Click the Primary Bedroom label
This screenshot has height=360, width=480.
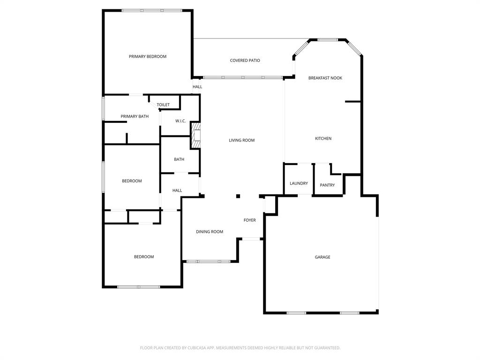pyautogui.click(x=148, y=57)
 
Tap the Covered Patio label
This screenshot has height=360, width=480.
pyautogui.click(x=245, y=60)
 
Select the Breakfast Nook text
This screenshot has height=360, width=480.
pyautogui.click(x=325, y=78)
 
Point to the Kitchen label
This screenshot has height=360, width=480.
pyautogui.click(x=323, y=138)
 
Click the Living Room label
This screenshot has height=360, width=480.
pyautogui.click(x=241, y=140)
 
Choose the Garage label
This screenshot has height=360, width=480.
pyautogui.click(x=322, y=257)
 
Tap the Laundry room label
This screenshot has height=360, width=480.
pyautogui.click(x=299, y=183)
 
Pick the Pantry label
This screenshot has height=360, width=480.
pyautogui.click(x=327, y=185)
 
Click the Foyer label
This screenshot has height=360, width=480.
pyautogui.click(x=249, y=220)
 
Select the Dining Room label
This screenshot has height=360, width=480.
pyautogui.click(x=210, y=232)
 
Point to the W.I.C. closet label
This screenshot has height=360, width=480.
pyautogui.click(x=180, y=121)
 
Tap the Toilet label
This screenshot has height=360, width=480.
pyautogui.click(x=163, y=105)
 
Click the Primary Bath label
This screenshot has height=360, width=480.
pyautogui.click(x=135, y=116)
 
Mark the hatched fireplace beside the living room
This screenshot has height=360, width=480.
pyautogui.click(x=195, y=135)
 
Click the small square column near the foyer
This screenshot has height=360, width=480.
pyautogui.click(x=238, y=196)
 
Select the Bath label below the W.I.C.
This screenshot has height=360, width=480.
pyautogui.click(x=179, y=159)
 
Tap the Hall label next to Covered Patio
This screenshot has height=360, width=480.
pyautogui.click(x=197, y=87)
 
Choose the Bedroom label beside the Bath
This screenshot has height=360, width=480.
pyautogui.click(x=132, y=181)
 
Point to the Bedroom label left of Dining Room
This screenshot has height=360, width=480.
pyautogui.click(x=144, y=257)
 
